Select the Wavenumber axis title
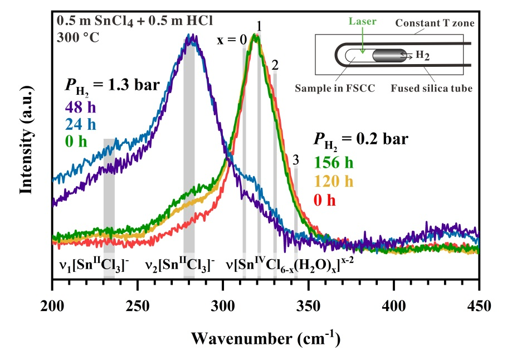[265, 338]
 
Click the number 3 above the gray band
[296, 159]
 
